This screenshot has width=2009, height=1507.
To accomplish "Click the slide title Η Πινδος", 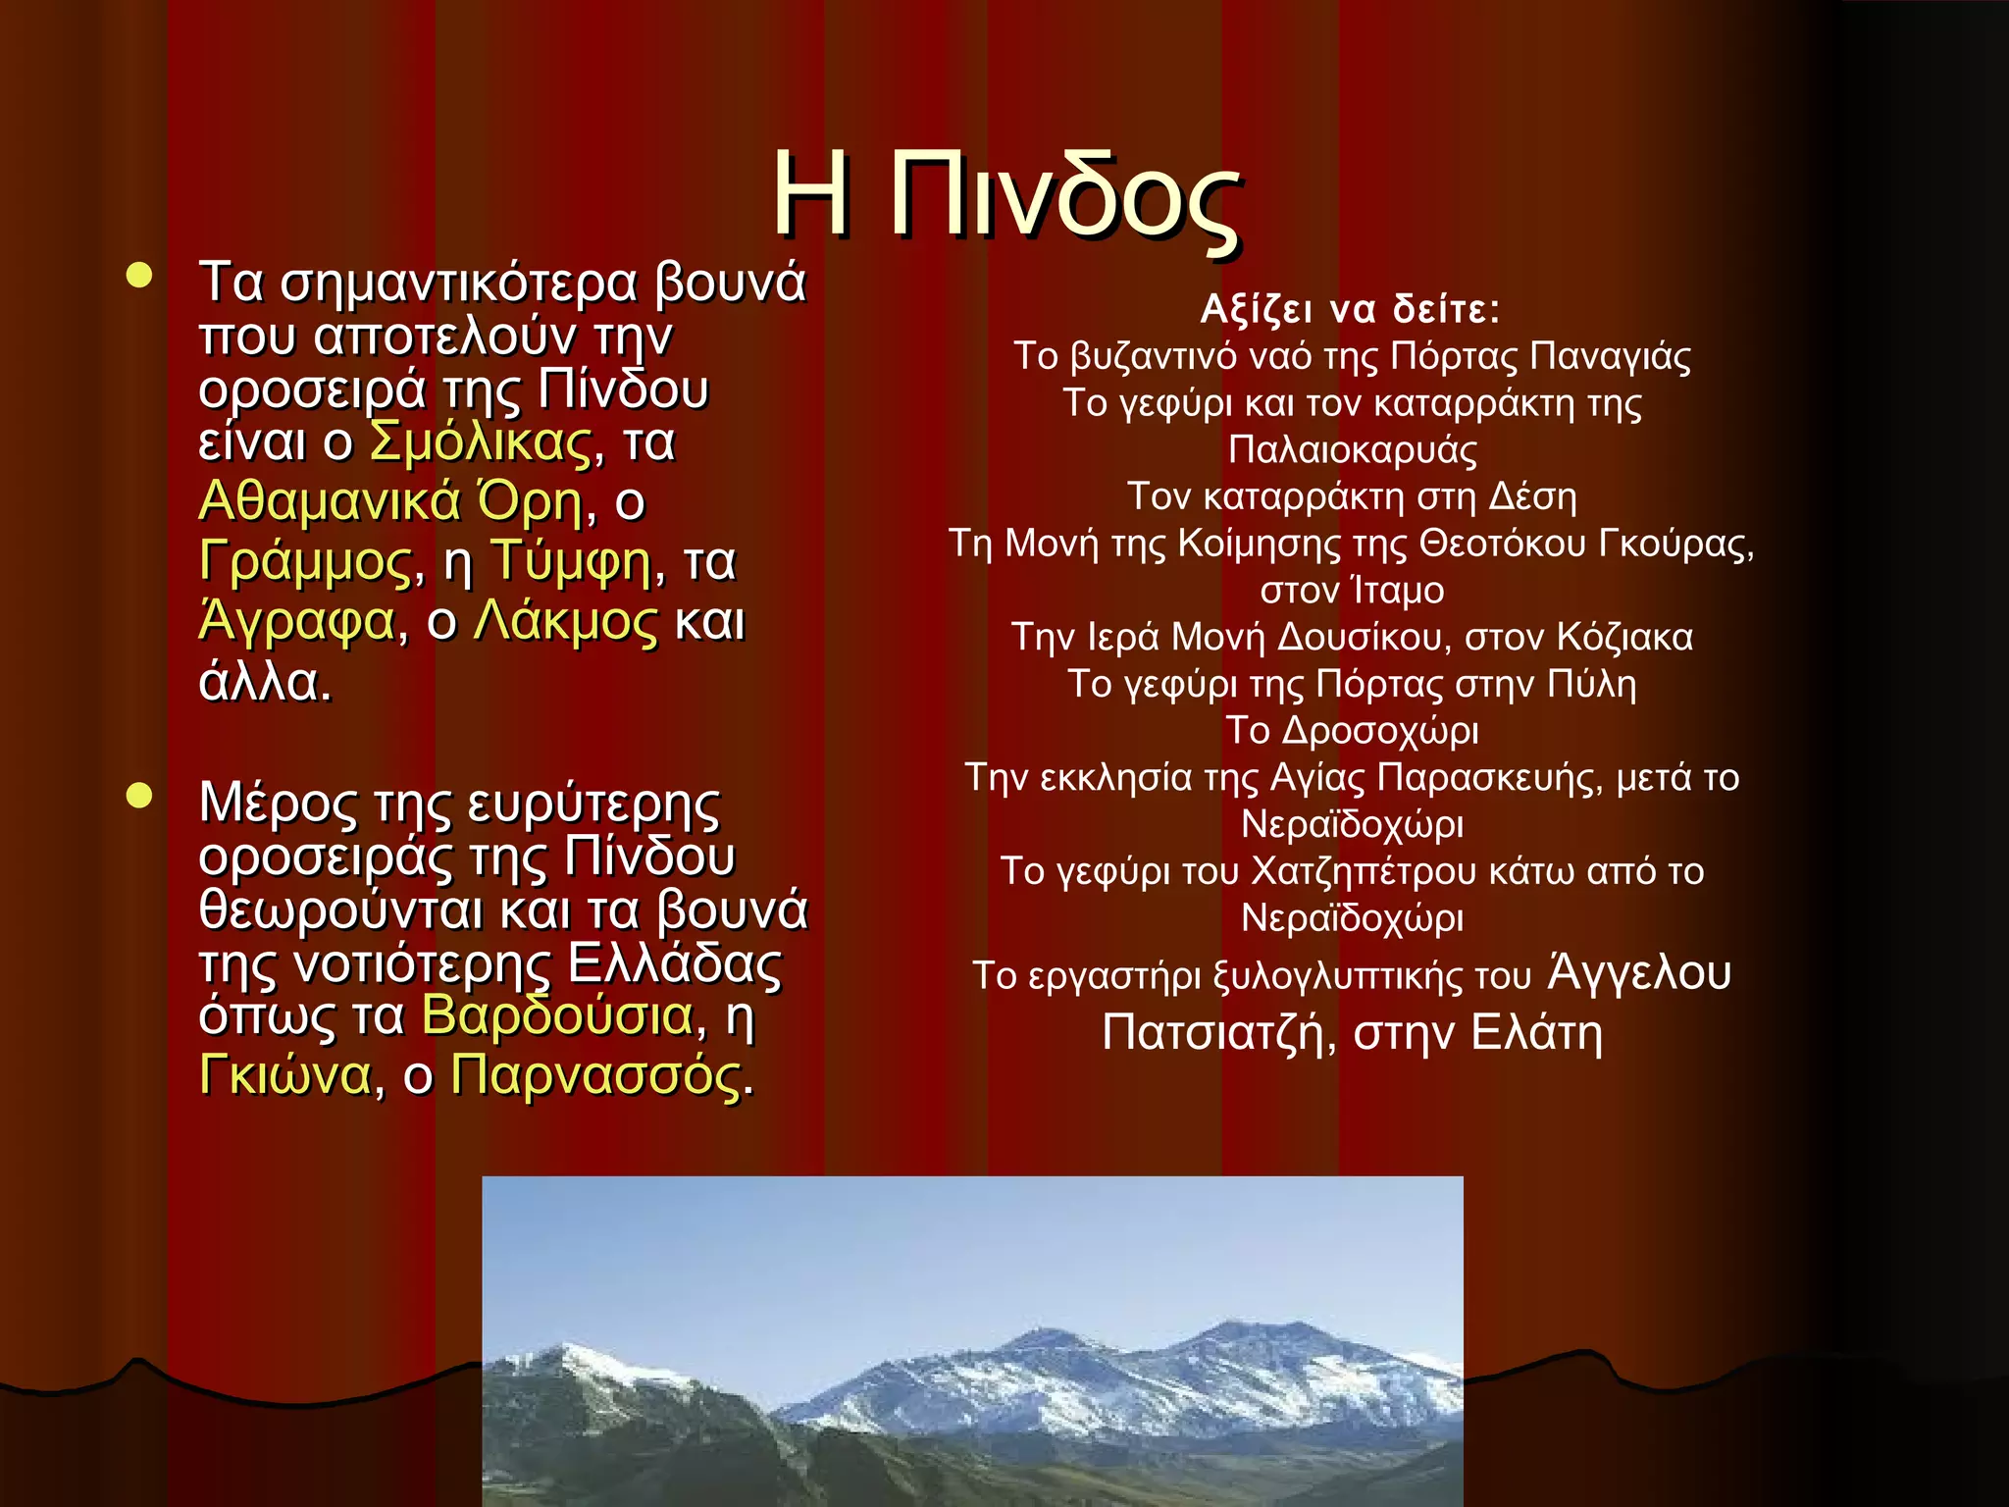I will tap(1004, 196).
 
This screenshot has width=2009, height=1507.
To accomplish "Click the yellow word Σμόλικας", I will tap(481, 442).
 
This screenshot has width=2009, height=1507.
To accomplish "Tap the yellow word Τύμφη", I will tap(570, 561).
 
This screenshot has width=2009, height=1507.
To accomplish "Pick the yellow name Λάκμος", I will tap(565, 621).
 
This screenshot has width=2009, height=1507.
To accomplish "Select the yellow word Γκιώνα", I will tap(285, 1075).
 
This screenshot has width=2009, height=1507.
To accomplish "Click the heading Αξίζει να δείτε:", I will tap(1351, 310).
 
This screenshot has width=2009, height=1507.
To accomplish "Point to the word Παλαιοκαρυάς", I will tap(1352, 450).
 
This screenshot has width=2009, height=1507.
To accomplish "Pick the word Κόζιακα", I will tap(1624, 638).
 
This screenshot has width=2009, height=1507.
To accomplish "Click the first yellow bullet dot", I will tap(140, 276).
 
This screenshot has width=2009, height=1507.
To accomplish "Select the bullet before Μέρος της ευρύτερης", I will tap(140, 796).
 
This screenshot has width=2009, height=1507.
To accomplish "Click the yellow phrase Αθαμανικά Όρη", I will tap(391, 501).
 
